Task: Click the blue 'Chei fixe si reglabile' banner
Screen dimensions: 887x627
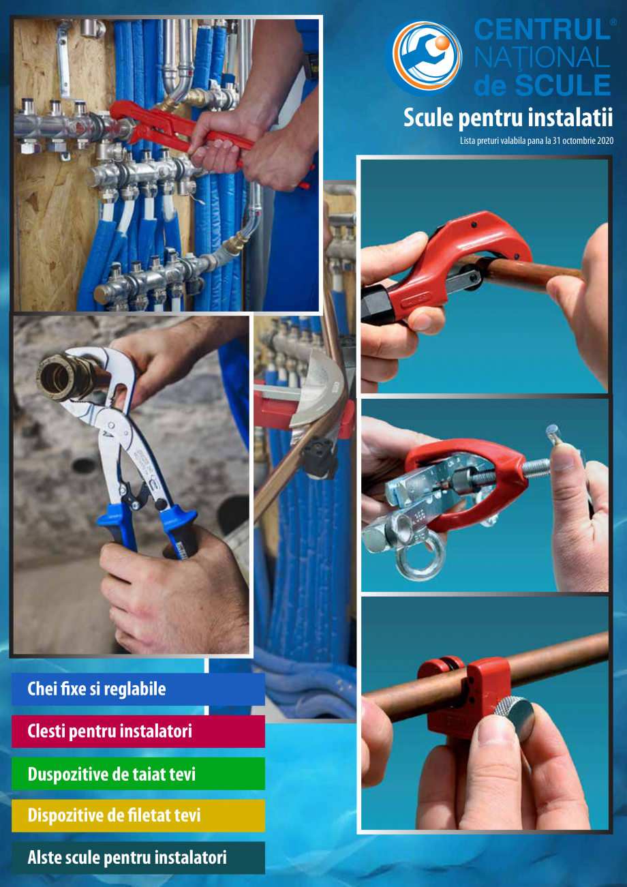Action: pyautogui.click(x=138, y=689)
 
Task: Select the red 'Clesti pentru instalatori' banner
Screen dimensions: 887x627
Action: pyautogui.click(x=138, y=732)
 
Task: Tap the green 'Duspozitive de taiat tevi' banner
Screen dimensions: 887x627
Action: pyautogui.click(x=138, y=775)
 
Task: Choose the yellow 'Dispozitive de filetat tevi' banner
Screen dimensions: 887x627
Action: pyautogui.click(x=138, y=815)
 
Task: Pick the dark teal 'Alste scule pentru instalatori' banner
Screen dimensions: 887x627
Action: pyautogui.click(x=138, y=858)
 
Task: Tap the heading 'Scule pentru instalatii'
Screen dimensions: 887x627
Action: pyautogui.click(x=508, y=117)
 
